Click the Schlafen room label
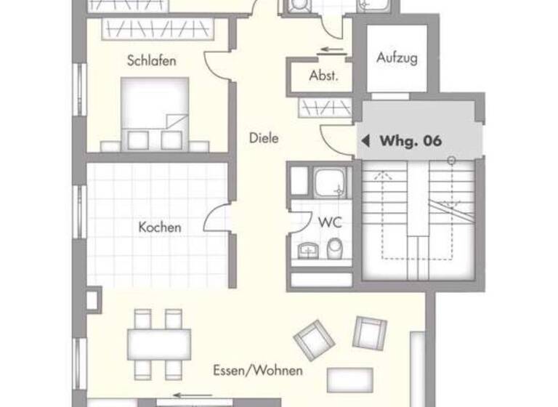tap(151, 61)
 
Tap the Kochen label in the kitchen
tap(160, 227)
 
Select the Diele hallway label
tap(264, 137)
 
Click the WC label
tap(329, 222)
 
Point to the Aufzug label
tap(397, 59)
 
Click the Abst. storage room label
tap(323, 76)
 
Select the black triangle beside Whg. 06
tap(366, 140)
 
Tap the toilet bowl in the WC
tap(334, 251)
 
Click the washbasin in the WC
tap(309, 251)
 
